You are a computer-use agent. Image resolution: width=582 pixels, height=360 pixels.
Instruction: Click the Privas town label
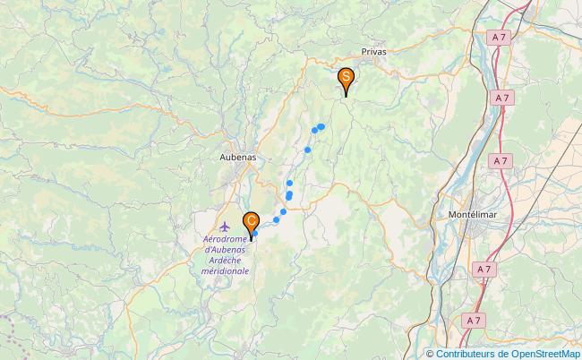click(374, 53)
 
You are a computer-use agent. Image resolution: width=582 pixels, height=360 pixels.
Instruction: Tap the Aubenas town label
click(237, 156)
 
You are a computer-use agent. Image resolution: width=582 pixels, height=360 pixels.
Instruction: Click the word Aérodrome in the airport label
click(226, 240)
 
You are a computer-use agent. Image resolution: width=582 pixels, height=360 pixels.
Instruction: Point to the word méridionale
click(226, 270)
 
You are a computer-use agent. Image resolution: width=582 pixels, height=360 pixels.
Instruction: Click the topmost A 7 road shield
click(500, 37)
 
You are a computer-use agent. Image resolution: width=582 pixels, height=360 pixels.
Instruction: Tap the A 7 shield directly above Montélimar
click(500, 159)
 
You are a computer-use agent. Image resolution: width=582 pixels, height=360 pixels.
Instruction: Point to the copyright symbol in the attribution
click(431, 353)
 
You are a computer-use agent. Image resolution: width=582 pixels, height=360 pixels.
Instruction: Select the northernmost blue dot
click(321, 127)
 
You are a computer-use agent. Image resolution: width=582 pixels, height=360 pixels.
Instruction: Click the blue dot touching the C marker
click(255, 234)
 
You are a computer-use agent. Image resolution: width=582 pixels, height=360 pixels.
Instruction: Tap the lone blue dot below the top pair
click(307, 150)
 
